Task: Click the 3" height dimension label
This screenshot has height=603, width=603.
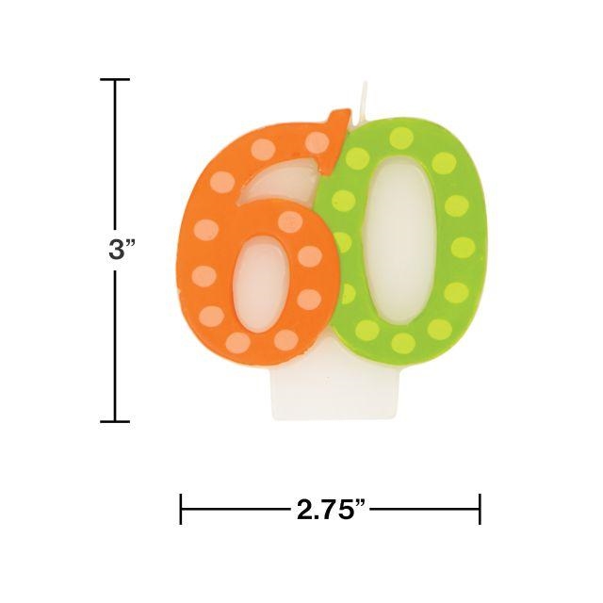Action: tap(122, 251)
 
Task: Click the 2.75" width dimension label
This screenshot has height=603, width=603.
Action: tap(331, 510)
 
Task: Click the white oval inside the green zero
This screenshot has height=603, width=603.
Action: tap(399, 238)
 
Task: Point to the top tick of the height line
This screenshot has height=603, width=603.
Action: tap(115, 79)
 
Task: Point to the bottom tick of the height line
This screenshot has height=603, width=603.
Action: tap(115, 421)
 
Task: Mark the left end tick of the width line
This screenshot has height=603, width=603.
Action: tap(181, 509)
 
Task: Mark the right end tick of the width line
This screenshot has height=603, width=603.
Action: tap(480, 509)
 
